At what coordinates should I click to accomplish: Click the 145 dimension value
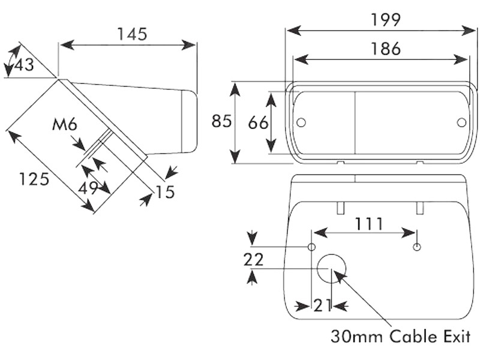pyautogui.click(x=132, y=34)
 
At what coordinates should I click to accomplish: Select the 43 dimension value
pyautogui.click(x=24, y=65)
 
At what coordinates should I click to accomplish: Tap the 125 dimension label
pyautogui.click(x=34, y=179)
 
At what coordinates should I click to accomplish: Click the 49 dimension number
pyautogui.click(x=89, y=188)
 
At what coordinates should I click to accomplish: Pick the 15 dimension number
pyautogui.click(x=164, y=192)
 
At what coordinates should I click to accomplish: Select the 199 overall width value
pyautogui.click(x=385, y=20)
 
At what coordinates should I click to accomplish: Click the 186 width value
pyautogui.click(x=385, y=49)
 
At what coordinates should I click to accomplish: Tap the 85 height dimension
pyautogui.click(x=221, y=121)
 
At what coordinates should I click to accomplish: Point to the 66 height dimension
pyautogui.click(x=258, y=123)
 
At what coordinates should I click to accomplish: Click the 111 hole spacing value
pyautogui.click(x=368, y=224)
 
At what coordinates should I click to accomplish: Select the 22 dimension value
pyautogui.click(x=254, y=259)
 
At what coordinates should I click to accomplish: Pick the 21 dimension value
pyautogui.click(x=323, y=305)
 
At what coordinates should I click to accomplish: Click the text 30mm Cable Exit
pyautogui.click(x=401, y=336)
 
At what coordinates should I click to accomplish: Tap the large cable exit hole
pyautogui.click(x=332, y=268)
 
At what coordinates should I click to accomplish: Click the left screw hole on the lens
pyautogui.click(x=301, y=122)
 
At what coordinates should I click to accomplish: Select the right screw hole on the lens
pyautogui.click(x=461, y=122)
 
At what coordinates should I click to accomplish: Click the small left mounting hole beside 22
pyautogui.click(x=311, y=247)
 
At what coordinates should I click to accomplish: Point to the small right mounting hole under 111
pyautogui.click(x=418, y=247)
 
